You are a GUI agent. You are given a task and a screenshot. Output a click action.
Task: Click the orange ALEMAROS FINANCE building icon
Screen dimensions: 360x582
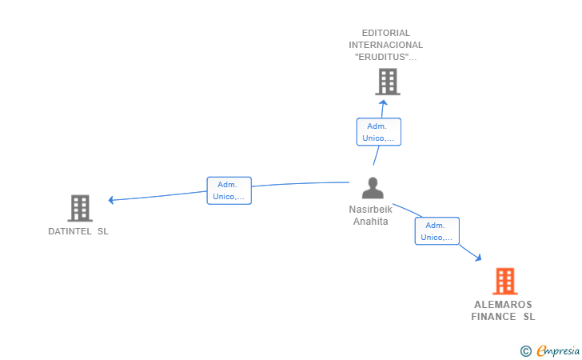point(504,281)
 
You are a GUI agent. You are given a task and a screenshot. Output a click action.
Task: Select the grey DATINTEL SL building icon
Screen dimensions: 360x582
point(80,208)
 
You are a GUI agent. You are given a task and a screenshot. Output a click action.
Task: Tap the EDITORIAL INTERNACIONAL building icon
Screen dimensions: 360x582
point(387,82)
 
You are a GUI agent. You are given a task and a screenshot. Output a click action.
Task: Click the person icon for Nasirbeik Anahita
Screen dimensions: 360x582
point(373,188)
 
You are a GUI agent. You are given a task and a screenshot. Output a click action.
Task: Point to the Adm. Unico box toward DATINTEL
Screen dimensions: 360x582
point(229,190)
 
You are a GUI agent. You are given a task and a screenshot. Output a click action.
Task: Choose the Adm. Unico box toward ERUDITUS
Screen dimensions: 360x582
point(378,132)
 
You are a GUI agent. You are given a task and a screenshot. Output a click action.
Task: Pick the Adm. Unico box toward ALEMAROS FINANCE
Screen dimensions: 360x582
point(436,231)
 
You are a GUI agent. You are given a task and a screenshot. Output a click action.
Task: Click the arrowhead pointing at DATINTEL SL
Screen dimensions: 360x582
point(112,199)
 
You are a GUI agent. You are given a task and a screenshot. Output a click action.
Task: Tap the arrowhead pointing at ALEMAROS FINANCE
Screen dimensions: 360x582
point(478,258)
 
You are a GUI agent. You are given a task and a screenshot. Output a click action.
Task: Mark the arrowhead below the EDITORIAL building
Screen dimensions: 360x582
point(384,102)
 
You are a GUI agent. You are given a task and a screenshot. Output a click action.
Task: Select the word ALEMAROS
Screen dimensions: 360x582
point(503,305)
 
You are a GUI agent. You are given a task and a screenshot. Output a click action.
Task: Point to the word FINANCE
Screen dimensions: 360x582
point(493,317)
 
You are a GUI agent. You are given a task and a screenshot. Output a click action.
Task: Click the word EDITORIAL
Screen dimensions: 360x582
point(386,33)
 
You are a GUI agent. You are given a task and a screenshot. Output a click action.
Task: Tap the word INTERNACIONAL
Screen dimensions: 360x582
point(386,45)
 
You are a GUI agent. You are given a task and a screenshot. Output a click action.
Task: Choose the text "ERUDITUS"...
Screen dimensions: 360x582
point(385,57)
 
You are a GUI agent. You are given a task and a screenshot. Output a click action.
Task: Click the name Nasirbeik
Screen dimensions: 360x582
point(371,210)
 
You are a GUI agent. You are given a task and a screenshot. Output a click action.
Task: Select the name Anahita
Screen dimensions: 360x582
point(371,222)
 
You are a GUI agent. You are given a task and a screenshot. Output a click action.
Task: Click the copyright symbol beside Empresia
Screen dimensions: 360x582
point(525,350)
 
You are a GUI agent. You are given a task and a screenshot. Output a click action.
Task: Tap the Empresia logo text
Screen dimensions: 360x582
point(558,350)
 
